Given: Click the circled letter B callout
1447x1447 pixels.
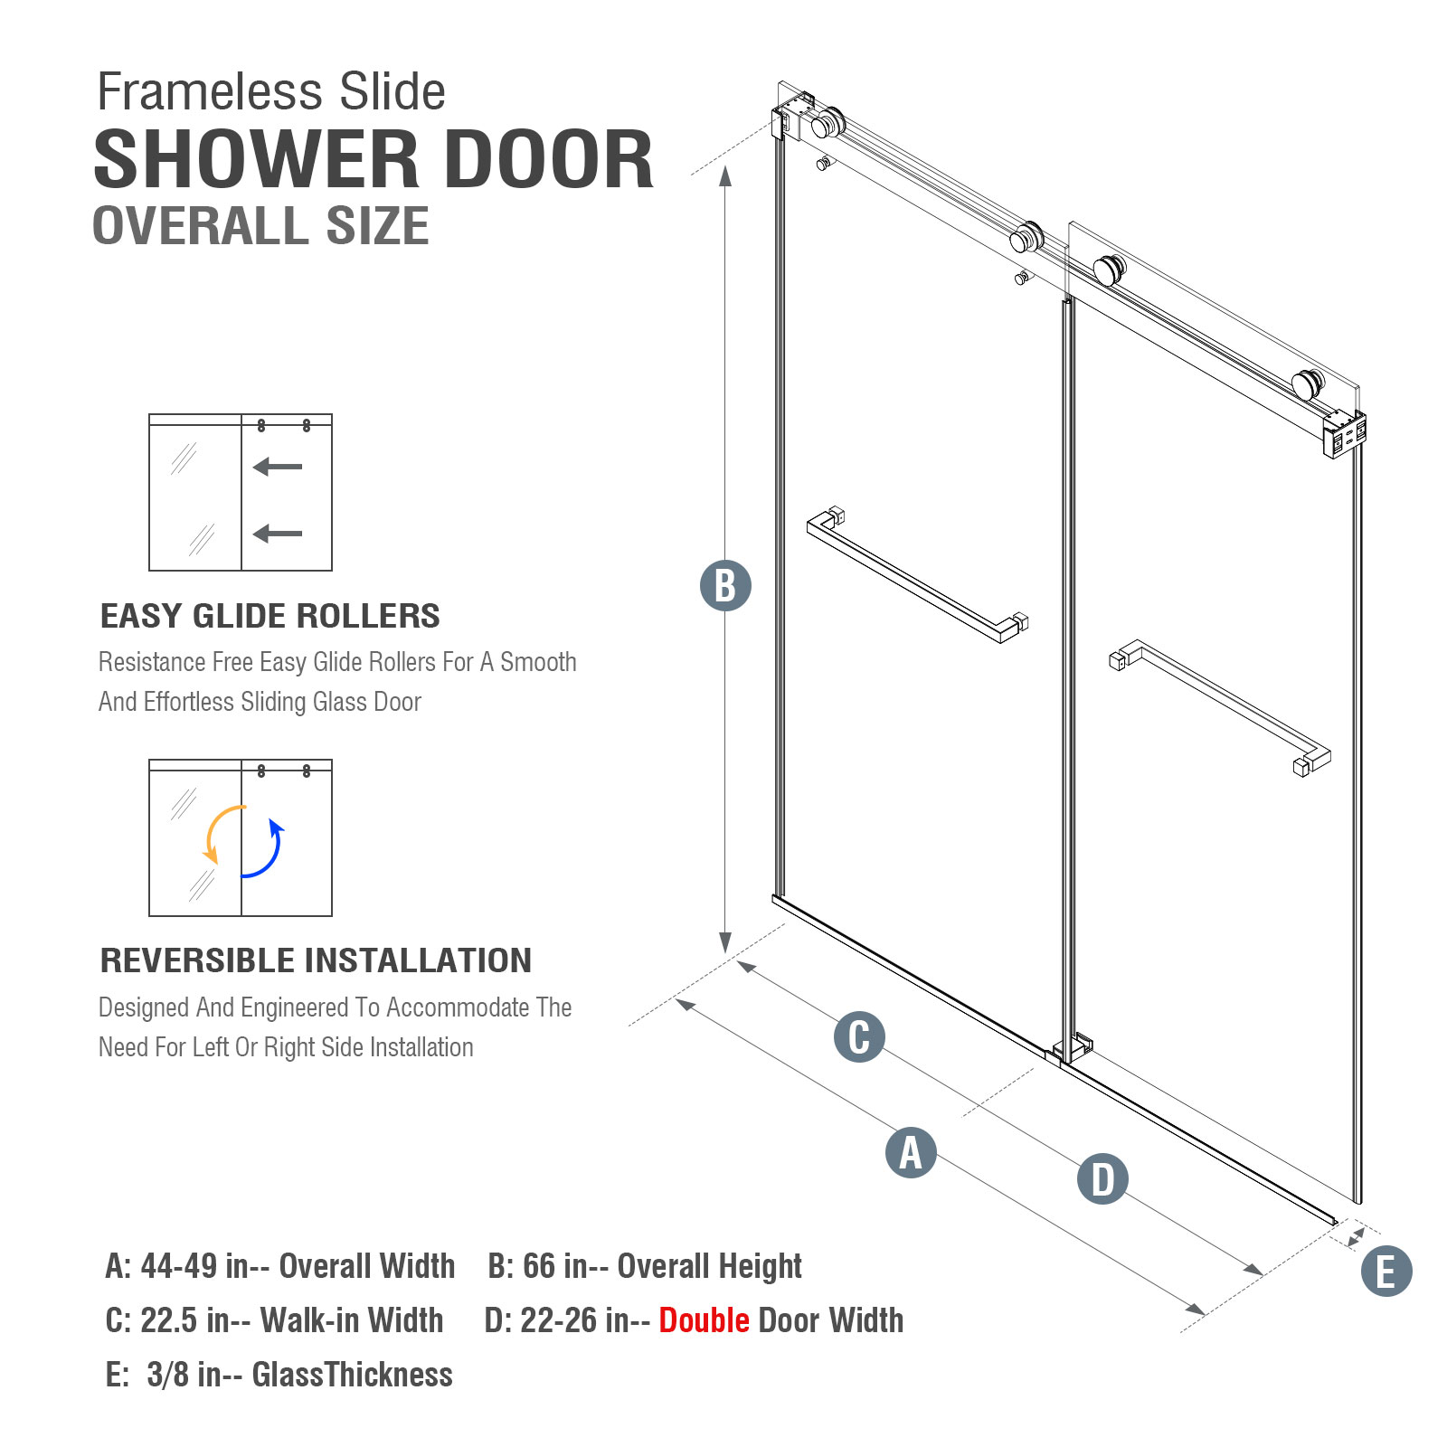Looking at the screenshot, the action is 725,585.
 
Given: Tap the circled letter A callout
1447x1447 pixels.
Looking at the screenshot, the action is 911,1152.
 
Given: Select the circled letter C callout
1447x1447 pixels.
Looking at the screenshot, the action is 859,1036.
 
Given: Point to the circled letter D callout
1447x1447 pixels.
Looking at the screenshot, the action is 1102,1178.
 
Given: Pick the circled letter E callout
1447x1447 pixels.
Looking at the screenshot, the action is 1386,1271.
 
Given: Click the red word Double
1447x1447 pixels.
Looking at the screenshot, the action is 704,1320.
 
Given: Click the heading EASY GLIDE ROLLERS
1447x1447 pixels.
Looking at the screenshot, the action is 270,616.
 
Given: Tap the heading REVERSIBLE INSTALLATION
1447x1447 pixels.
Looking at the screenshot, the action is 316,960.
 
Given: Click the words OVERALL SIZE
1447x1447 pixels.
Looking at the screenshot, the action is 260,225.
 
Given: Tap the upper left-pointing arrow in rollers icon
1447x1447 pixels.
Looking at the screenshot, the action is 278,467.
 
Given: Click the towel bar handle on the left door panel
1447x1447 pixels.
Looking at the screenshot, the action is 918,575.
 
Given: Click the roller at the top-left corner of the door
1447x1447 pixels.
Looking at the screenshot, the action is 827,123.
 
